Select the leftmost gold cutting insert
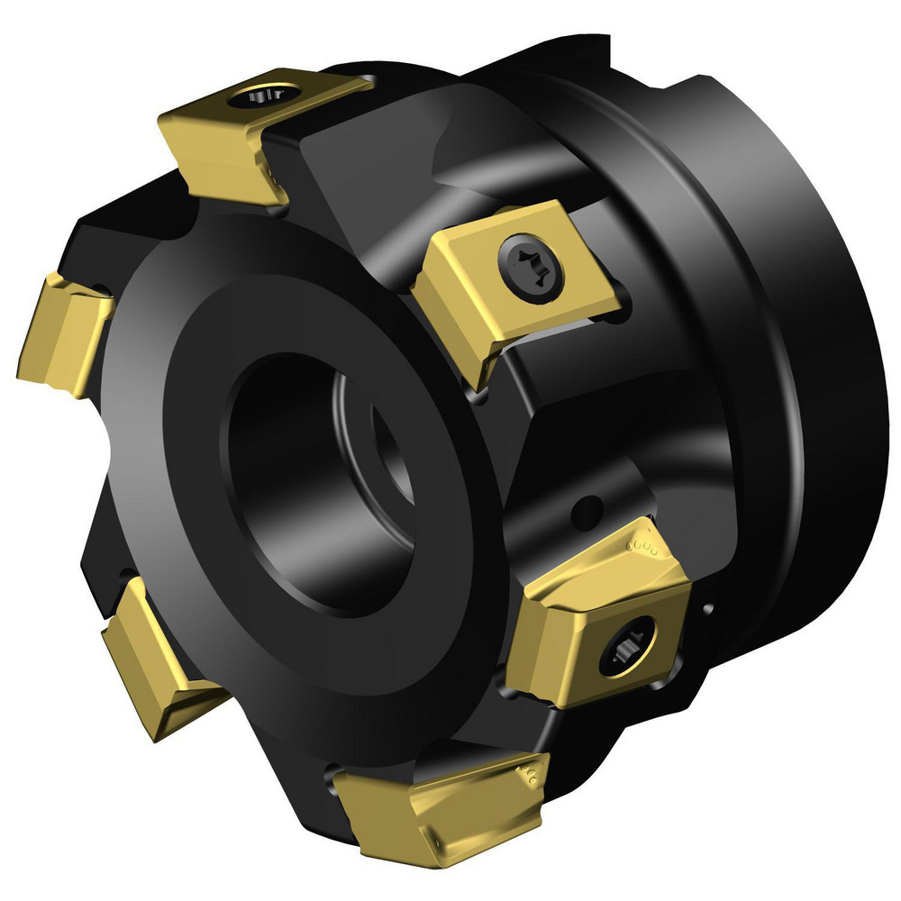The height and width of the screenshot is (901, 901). click(x=63, y=333)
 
